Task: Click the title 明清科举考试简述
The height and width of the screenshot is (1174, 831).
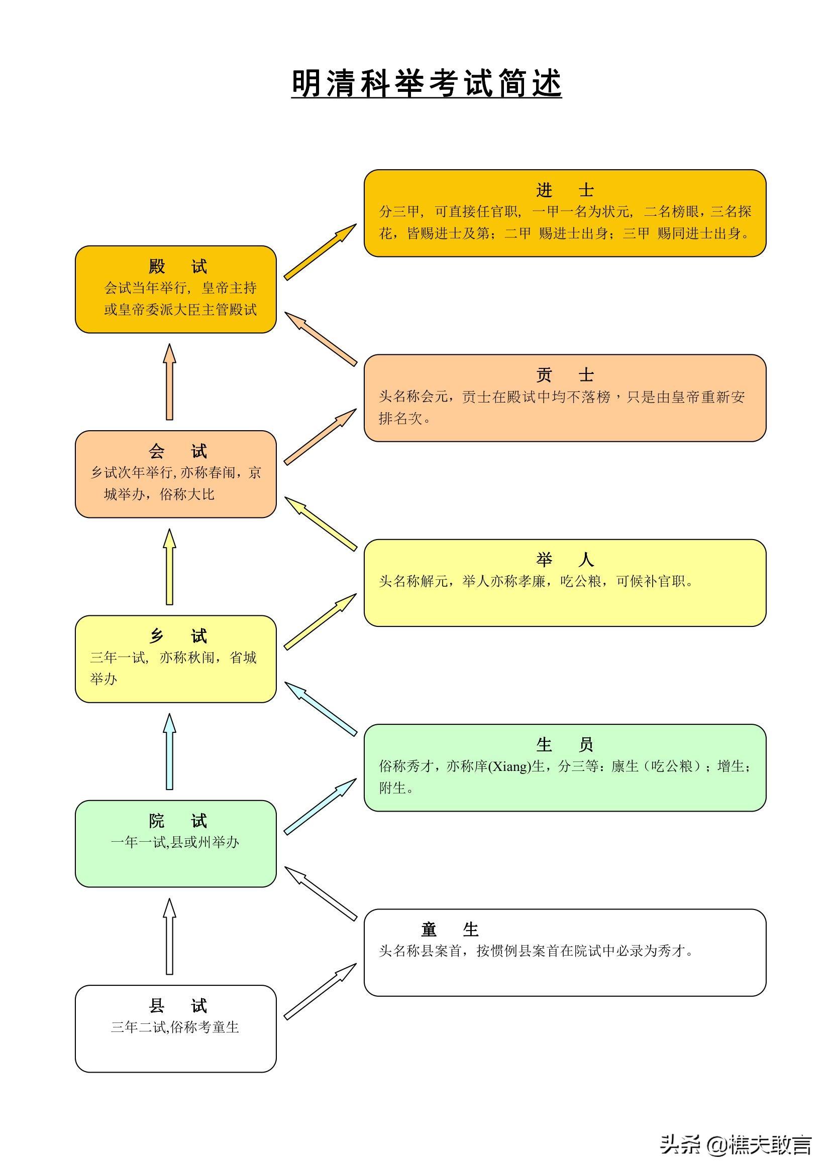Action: tap(426, 83)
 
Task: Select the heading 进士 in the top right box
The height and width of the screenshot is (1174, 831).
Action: tap(564, 191)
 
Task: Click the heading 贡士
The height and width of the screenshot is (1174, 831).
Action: tap(564, 375)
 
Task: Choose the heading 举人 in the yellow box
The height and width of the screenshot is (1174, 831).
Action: tap(564, 560)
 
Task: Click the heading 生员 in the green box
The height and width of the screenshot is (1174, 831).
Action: tap(564, 744)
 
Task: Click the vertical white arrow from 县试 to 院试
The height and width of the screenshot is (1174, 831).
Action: tap(169, 937)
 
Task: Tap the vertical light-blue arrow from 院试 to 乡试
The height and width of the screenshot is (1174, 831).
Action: tap(169, 752)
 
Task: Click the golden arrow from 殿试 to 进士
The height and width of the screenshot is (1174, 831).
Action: tap(320, 252)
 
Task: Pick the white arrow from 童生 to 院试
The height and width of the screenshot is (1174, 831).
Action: tap(321, 893)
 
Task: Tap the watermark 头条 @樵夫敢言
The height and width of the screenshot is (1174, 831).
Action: tap(736, 1145)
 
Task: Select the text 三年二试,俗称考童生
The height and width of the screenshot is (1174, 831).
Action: tap(175, 1027)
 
